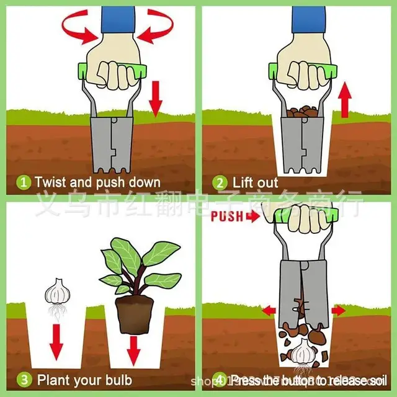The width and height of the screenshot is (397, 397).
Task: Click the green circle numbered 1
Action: pos(23,182)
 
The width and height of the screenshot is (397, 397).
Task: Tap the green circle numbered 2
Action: pos(219,182)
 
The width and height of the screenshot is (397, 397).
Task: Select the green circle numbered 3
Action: pos(23,378)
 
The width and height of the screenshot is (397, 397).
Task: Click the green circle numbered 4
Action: pos(219,378)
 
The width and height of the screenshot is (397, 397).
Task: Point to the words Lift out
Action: pos(256,182)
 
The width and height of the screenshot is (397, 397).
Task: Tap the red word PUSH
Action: pos(226,216)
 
